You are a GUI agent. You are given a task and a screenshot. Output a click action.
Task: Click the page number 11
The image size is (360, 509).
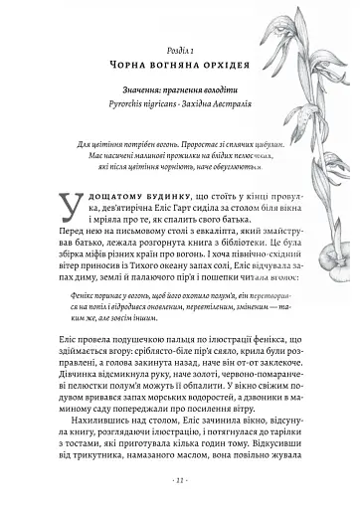pyautogui.click(x=179, y=506)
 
